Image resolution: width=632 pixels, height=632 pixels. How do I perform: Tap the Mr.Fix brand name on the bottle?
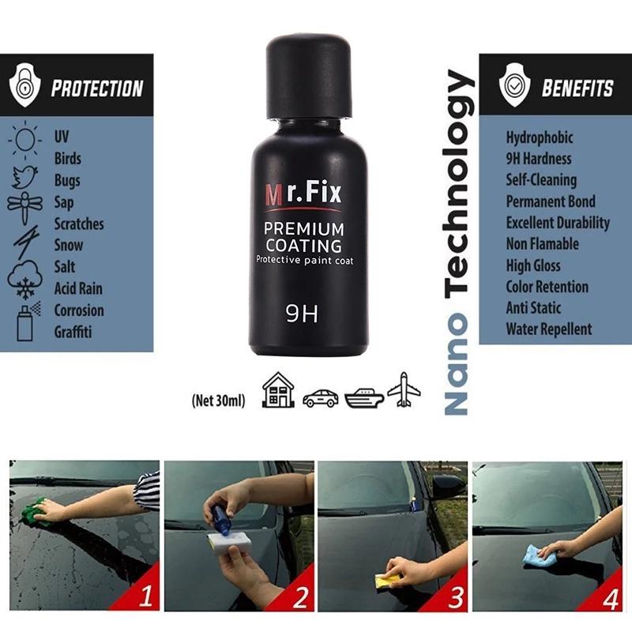coord(303,192)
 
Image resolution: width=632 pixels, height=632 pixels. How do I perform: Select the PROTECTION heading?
coord(96,88)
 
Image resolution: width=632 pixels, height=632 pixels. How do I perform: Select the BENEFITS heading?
coord(577,88)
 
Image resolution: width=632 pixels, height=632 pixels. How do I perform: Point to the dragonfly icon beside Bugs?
coord(24,203)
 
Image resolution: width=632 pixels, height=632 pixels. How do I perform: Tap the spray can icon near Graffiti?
coord(24,322)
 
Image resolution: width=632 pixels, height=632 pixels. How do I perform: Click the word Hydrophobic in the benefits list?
coord(540,137)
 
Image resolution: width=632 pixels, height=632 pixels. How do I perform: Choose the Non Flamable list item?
coord(542,244)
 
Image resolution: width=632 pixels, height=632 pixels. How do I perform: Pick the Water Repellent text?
coord(548,329)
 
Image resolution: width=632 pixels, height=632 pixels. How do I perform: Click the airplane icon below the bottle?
coord(404,389)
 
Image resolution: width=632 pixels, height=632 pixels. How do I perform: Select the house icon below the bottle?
coord(278,389)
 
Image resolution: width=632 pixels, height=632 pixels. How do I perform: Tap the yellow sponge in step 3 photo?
coord(386,581)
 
